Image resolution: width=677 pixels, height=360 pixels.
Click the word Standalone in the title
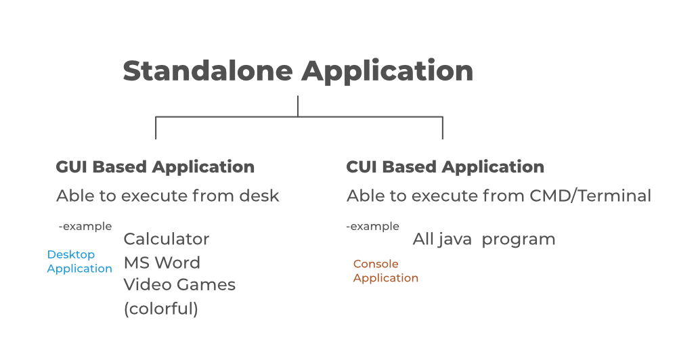click(x=208, y=70)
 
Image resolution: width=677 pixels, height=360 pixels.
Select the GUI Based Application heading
click(x=155, y=168)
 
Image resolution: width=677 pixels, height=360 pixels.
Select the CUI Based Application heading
click(x=445, y=168)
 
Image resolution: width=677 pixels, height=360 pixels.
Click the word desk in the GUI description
click(x=259, y=196)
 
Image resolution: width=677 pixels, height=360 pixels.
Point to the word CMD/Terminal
click(x=590, y=196)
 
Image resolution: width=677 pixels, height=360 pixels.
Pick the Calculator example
click(x=167, y=239)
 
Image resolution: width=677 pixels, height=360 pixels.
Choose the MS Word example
click(x=162, y=263)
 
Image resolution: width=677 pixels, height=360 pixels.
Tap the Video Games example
click(x=179, y=284)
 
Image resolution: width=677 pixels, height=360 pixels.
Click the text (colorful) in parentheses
click(x=161, y=309)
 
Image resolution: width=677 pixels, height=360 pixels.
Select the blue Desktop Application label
click(x=79, y=262)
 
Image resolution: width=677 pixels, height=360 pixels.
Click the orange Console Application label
click(x=386, y=271)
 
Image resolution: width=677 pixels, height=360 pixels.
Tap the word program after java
click(x=519, y=240)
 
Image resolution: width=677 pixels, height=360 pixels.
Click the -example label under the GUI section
click(x=85, y=226)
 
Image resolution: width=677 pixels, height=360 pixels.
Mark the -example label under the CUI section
click(x=372, y=226)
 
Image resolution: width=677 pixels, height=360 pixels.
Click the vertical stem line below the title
click(x=298, y=106)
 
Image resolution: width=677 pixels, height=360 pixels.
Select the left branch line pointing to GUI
click(x=156, y=128)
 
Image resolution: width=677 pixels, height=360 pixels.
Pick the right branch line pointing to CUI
click(x=443, y=128)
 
